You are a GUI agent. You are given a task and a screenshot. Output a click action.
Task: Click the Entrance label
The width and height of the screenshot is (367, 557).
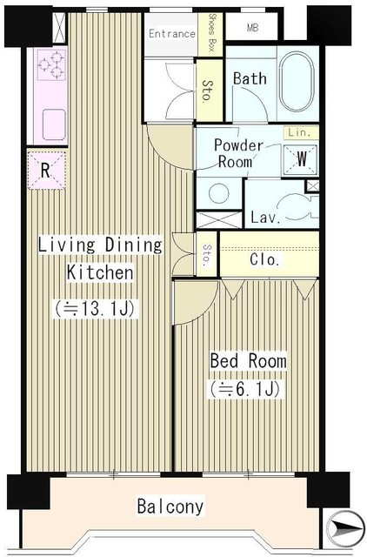click(172, 34)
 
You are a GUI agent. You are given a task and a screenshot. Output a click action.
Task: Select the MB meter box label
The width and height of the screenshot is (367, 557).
click(252, 28)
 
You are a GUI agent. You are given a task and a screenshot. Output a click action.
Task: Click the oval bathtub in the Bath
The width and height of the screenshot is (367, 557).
click(297, 83)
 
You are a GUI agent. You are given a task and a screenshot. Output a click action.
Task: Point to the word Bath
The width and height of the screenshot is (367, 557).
click(250, 78)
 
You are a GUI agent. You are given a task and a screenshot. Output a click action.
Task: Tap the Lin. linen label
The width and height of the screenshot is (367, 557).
click(299, 133)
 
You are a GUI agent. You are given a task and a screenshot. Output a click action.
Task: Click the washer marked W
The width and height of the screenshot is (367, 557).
click(300, 159)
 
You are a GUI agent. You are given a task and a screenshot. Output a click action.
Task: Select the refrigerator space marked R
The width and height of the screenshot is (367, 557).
click(46, 171)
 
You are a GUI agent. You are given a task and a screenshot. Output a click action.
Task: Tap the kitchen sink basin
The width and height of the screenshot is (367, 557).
click(54, 124)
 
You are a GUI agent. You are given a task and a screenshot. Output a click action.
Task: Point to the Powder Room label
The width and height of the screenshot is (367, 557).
click(238, 153)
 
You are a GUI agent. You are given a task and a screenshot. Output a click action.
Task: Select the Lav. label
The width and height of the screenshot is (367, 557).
click(265, 217)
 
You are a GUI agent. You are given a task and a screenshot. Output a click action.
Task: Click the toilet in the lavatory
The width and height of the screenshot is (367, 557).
click(297, 207)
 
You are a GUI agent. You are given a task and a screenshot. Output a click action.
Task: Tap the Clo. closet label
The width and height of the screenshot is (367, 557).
click(264, 259)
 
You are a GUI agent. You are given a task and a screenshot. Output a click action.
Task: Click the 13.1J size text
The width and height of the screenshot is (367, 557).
click(96, 309)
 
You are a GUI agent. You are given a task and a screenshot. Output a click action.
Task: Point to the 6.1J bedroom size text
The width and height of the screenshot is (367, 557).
click(245, 389)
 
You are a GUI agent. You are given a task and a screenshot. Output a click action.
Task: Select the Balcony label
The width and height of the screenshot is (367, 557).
click(170, 507)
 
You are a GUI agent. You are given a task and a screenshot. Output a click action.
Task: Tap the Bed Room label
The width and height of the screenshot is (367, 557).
click(248, 361)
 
